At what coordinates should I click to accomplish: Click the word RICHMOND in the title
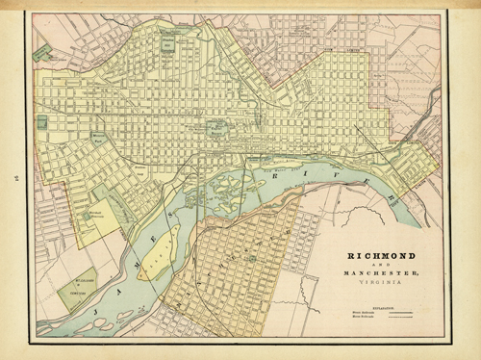[376, 258]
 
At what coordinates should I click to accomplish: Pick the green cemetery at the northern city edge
[171, 43]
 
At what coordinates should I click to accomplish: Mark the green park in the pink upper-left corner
[41, 54]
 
